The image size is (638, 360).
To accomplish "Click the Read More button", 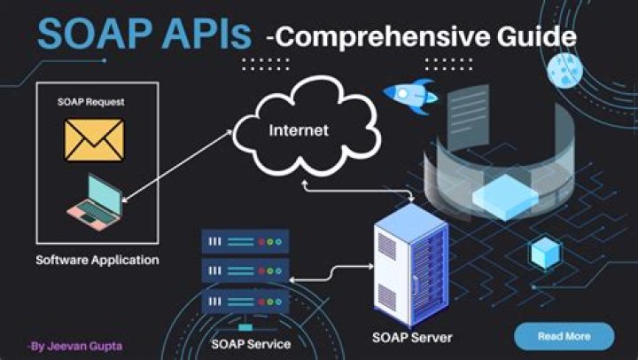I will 564,336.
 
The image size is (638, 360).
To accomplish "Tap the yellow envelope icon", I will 94,139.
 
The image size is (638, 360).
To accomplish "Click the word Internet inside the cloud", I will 299,130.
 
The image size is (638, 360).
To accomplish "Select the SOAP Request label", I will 92,102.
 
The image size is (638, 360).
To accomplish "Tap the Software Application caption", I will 97,261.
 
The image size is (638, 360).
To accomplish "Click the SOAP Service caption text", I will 251,342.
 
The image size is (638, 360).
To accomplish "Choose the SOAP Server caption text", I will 411,338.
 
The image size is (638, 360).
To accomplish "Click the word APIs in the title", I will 206,35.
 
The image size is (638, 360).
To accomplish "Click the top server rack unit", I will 245,240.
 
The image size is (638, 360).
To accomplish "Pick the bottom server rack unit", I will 245,301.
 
